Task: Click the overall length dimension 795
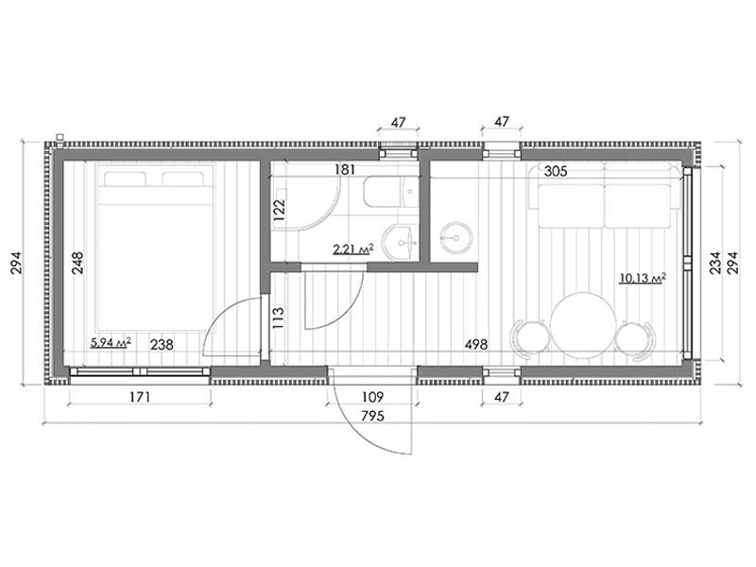pyautogui.click(x=372, y=416)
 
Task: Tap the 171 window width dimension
pyautogui.click(x=140, y=397)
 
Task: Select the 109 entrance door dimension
pyautogui.click(x=372, y=397)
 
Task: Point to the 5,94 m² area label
pyautogui.click(x=111, y=343)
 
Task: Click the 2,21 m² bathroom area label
pyautogui.click(x=353, y=249)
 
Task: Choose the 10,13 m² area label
pyautogui.click(x=644, y=278)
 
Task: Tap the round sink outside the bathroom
pyautogui.click(x=455, y=237)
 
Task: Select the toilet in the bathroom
pyautogui.click(x=391, y=192)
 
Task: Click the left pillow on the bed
pyautogui.click(x=125, y=179)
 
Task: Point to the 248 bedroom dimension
pyautogui.click(x=77, y=263)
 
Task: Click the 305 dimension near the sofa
pyautogui.click(x=556, y=171)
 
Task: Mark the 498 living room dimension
pyautogui.click(x=476, y=345)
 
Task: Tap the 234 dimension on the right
pyautogui.click(x=715, y=263)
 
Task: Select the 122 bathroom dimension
pyautogui.click(x=279, y=210)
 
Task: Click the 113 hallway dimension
pyautogui.click(x=279, y=318)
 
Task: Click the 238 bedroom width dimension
pyautogui.click(x=162, y=345)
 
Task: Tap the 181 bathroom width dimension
pyautogui.click(x=345, y=170)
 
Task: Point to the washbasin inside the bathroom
pyautogui.click(x=400, y=241)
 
